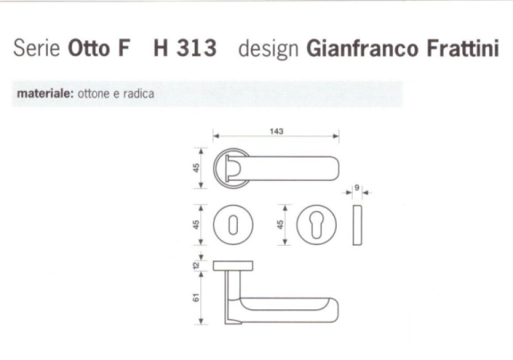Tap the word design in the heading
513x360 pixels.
268,50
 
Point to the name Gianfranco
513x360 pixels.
365,50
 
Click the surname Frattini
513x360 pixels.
463,50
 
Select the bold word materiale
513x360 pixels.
44,93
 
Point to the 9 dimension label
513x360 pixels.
356,188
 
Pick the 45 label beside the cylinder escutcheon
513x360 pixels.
281,225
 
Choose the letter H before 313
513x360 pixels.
161,50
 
